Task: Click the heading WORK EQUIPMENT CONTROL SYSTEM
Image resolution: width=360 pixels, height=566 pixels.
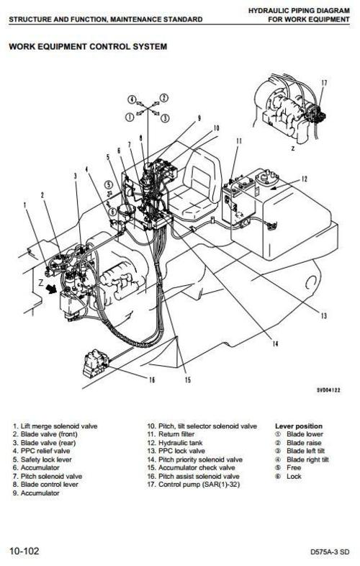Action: coord(87,47)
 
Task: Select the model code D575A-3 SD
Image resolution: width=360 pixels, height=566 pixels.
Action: coord(329,552)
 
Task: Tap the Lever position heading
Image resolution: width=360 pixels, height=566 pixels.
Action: coord(299,426)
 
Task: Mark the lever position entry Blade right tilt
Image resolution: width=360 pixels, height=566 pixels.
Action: coord(310,459)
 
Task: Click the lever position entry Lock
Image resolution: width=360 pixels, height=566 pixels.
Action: coord(294,475)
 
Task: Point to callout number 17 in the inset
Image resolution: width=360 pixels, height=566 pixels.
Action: coord(323,83)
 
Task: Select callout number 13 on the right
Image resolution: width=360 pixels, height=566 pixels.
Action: coord(324,314)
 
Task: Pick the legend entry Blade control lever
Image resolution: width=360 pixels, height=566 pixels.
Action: coord(45,483)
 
